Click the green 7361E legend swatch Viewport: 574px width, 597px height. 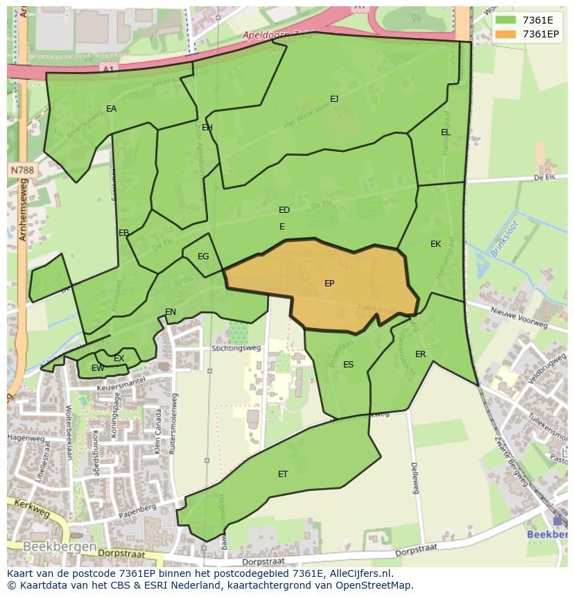pyautogui.click(x=505, y=20)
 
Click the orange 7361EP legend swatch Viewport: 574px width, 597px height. pyautogui.click(x=505, y=34)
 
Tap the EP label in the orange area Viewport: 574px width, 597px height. pyautogui.click(x=329, y=284)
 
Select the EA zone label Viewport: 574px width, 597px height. pyautogui.click(x=111, y=109)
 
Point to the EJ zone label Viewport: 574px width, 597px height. pyautogui.click(x=334, y=99)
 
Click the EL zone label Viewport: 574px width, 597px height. pyautogui.click(x=446, y=132)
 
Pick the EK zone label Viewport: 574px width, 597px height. pyautogui.click(x=435, y=244)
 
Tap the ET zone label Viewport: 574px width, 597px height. pyautogui.click(x=283, y=474)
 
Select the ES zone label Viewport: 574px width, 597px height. pyautogui.click(x=348, y=365)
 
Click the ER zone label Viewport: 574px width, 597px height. pyautogui.click(x=421, y=354)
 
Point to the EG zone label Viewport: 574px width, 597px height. pyautogui.click(x=203, y=257)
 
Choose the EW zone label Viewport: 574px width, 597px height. pyautogui.click(x=98, y=368)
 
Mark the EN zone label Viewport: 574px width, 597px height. pyautogui.click(x=171, y=312)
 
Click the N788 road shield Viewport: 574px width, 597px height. pyautogui.click(x=22, y=170)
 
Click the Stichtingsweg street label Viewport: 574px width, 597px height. pyautogui.click(x=237, y=348)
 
